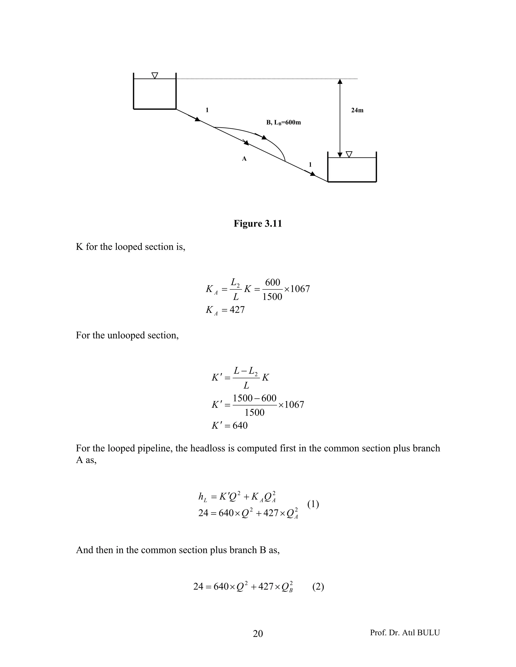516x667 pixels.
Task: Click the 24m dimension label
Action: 357,110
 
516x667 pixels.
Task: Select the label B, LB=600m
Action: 283,123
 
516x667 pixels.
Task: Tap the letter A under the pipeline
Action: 244,159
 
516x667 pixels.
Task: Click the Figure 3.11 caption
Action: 258,224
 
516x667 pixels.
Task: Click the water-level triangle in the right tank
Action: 349,154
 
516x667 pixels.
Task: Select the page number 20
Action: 258,634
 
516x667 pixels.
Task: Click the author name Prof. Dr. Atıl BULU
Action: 405,633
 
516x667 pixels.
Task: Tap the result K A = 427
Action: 225,310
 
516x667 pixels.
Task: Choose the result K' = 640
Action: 230,425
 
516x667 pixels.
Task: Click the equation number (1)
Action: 313,504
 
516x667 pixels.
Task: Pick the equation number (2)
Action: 318,587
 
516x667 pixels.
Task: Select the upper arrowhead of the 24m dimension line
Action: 340,81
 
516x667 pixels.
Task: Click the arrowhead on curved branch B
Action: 264,137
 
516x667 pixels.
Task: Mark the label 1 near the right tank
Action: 310,165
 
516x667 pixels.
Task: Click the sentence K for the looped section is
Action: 131,247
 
